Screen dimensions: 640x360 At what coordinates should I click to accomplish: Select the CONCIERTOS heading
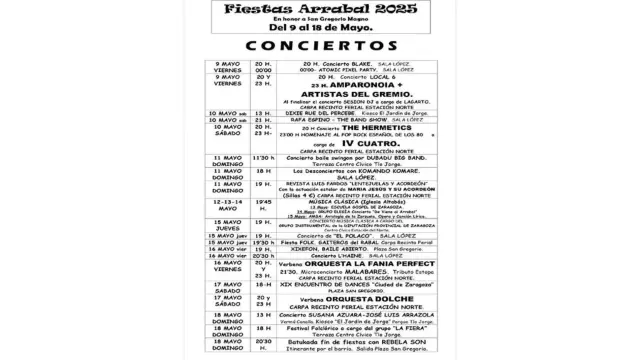click(x=320, y=47)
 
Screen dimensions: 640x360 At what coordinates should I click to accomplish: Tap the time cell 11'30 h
click(x=263, y=158)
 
